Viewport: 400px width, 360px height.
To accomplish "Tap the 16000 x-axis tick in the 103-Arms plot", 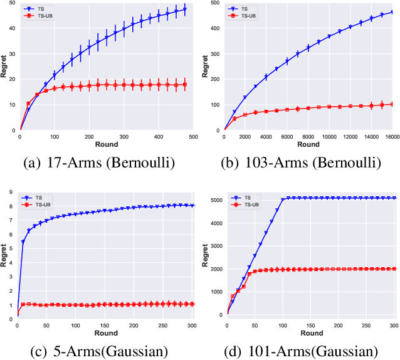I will tap(392, 136).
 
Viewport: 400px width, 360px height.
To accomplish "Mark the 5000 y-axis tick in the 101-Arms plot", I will tap(213, 200).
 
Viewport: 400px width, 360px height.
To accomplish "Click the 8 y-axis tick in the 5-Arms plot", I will tap(11, 206).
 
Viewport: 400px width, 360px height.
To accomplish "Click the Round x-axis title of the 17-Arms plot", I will tap(106, 144).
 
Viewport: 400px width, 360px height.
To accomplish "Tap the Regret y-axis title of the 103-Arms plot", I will tap(204, 68).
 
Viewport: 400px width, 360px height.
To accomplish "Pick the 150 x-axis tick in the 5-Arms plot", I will tap(104, 326).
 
